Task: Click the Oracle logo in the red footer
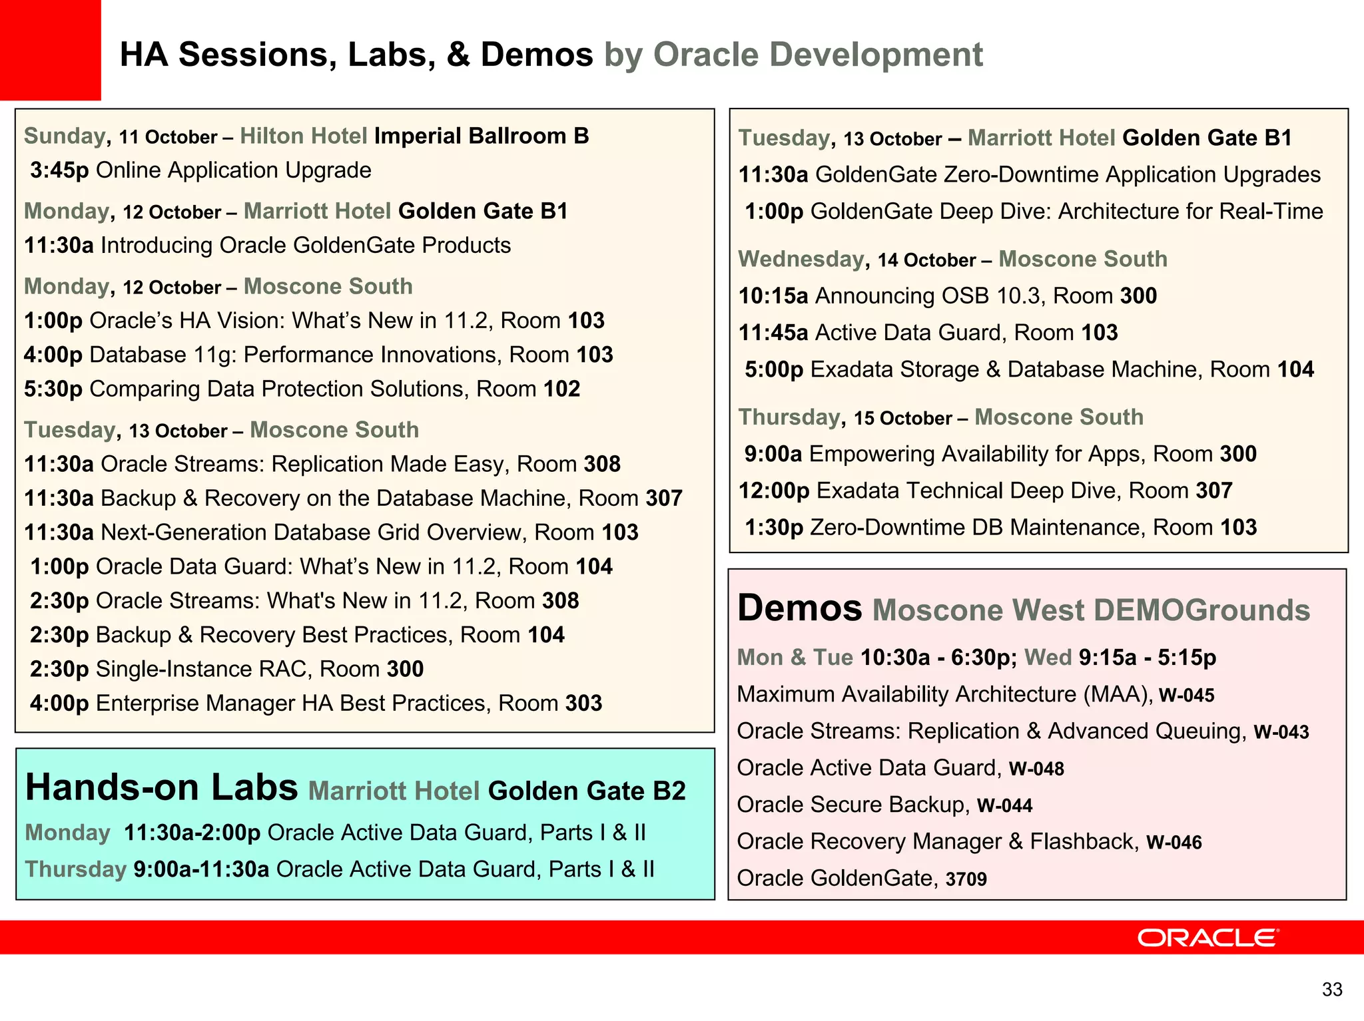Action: pos(1207,938)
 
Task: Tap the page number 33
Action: pos(1332,990)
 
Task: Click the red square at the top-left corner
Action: pos(50,50)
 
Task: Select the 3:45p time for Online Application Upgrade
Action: pos(59,170)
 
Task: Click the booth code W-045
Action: pos(1186,696)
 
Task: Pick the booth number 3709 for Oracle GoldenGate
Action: pos(966,879)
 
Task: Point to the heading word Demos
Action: pos(799,608)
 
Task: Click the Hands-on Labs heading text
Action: pos(161,787)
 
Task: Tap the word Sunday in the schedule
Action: pos(64,136)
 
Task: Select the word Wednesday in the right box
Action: pos(801,259)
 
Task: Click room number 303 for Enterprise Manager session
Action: pos(583,704)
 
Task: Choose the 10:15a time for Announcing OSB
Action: pos(773,296)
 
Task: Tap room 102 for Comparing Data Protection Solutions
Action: pos(561,389)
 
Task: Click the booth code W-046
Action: pos(1174,843)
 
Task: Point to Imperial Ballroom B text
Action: pos(481,136)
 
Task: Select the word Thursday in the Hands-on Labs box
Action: pos(75,869)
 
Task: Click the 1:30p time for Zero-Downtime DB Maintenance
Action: pos(774,527)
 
